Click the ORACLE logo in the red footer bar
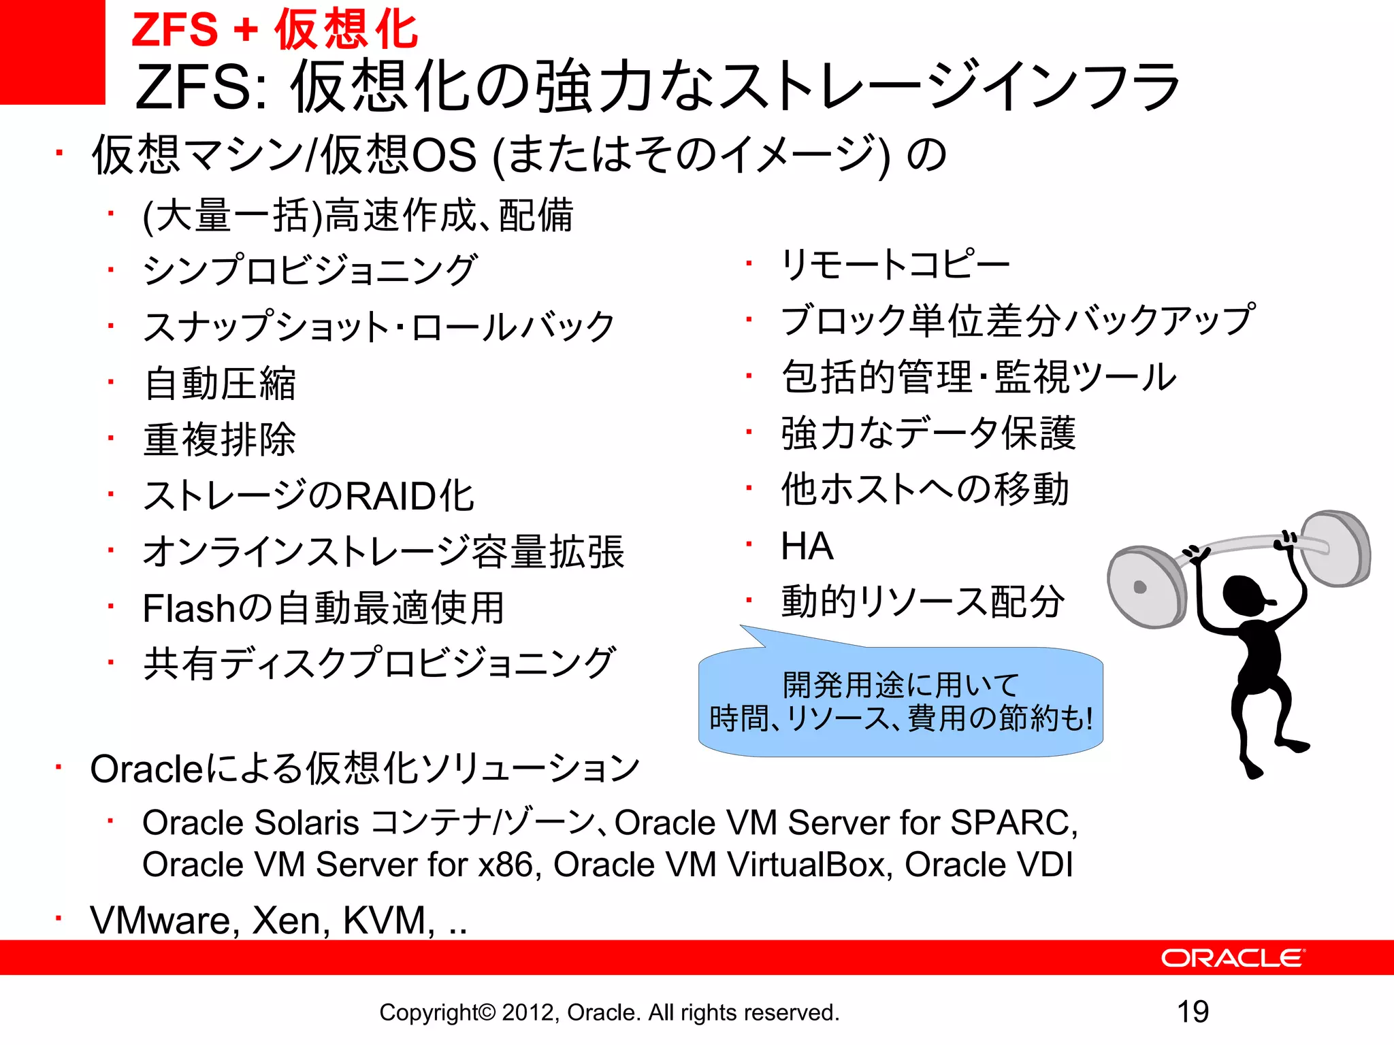1233,958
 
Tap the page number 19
1193,1012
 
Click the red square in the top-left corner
52,52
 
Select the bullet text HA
807,546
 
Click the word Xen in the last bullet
291,920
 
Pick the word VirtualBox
809,865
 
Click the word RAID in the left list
391,495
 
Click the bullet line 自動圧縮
220,383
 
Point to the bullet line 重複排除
220,439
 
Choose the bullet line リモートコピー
895,264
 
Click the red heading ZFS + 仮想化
274,30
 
